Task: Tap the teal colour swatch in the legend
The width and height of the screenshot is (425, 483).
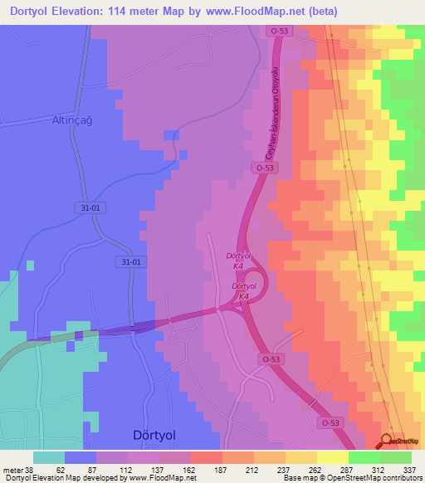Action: point(48,457)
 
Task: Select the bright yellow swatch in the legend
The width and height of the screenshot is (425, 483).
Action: point(332,457)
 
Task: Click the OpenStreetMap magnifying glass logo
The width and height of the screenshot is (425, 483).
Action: point(385,442)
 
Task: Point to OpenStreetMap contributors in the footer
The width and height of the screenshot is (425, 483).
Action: point(378,478)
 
